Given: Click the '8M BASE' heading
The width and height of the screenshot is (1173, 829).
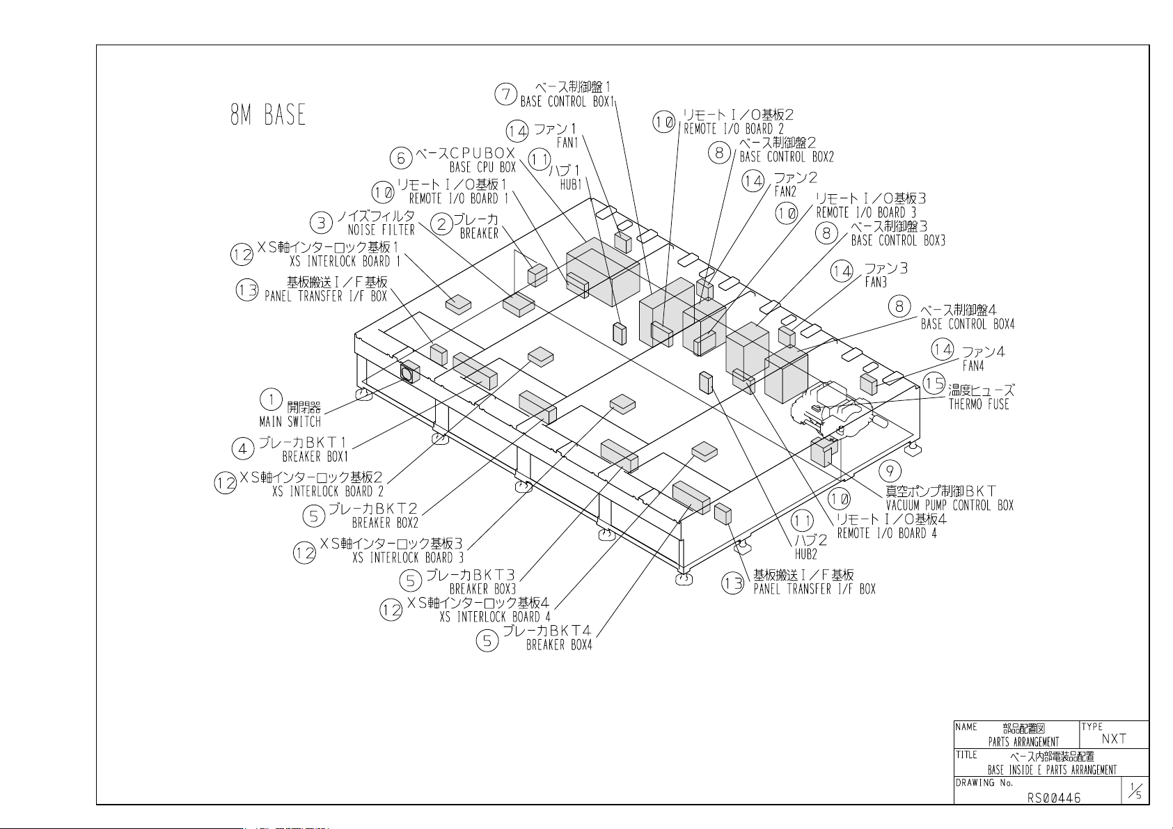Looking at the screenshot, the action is click(267, 115).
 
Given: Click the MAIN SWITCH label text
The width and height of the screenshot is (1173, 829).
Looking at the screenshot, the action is click(290, 422).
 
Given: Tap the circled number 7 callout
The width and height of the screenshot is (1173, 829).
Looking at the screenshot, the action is click(506, 94).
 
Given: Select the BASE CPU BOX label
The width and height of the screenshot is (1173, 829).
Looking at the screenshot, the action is click(483, 168).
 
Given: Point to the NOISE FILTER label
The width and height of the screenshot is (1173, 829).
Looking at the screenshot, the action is click(381, 230).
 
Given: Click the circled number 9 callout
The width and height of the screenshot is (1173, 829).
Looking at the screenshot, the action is click(890, 471).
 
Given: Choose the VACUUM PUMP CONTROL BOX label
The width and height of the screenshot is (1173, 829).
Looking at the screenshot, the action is click(950, 505).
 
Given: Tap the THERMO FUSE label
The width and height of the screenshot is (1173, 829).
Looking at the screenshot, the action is click(979, 404).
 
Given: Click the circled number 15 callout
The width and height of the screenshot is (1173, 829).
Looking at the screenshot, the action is click(934, 384).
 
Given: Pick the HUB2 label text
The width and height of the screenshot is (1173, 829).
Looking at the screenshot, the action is click(806, 554).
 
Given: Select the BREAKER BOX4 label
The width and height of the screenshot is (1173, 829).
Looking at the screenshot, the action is click(559, 645).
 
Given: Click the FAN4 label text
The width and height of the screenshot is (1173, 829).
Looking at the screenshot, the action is click(973, 365).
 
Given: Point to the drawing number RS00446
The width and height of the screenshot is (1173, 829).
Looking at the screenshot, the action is click(1053, 798).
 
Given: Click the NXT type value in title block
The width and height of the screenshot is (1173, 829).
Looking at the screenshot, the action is click(1114, 739).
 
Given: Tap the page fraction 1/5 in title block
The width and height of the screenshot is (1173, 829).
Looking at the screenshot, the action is click(1135, 791).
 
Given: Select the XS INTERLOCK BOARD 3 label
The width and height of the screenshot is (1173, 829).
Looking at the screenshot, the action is click(408, 558).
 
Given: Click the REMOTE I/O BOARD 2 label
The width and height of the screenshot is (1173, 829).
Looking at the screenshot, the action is click(734, 129).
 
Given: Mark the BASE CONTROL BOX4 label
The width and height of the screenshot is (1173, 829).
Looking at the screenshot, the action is click(968, 324).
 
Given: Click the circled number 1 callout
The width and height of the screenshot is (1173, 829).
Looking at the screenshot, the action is click(271, 400).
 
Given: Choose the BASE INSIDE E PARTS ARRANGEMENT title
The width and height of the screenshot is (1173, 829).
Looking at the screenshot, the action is click(1052, 770).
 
